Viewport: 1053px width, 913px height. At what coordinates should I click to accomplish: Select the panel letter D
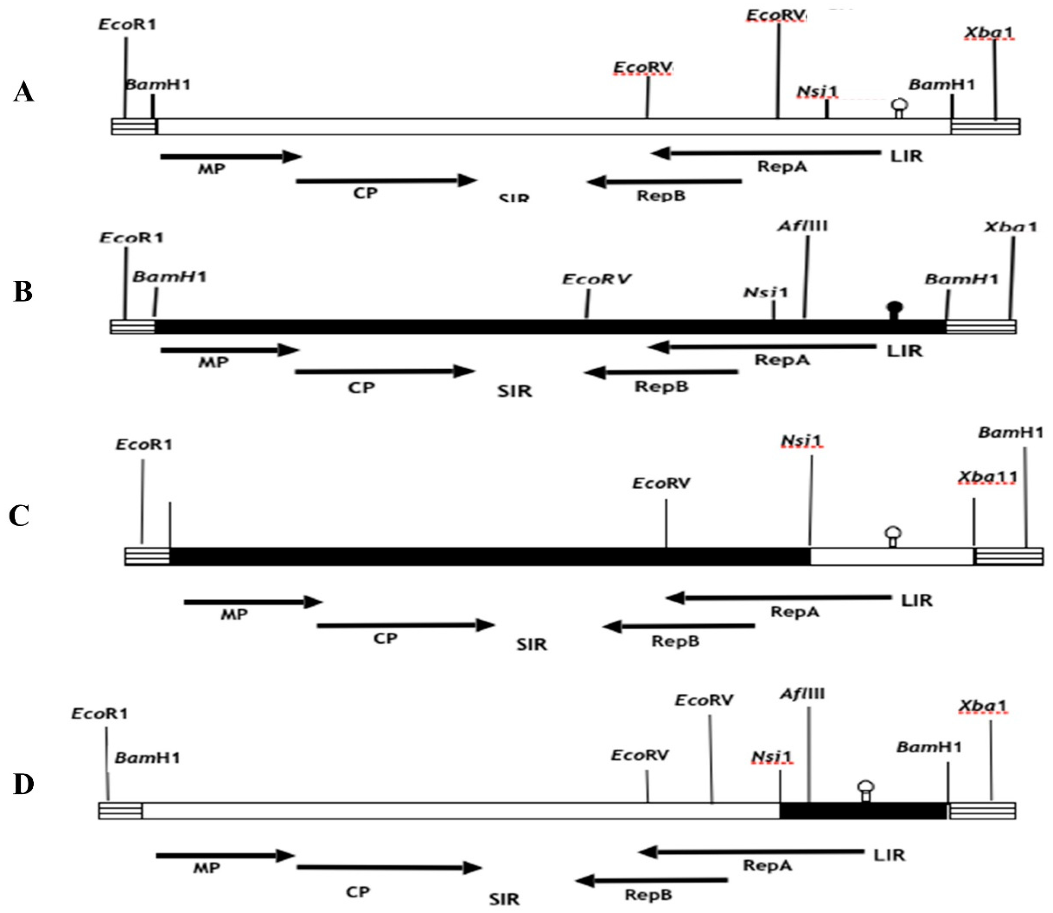tap(23, 785)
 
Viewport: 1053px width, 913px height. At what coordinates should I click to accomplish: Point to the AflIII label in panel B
tap(802, 226)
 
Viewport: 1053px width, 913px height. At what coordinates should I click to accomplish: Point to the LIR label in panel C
tap(916, 600)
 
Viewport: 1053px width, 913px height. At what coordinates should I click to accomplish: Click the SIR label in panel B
tap(514, 391)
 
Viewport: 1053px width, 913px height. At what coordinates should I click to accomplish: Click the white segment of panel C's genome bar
tap(891, 556)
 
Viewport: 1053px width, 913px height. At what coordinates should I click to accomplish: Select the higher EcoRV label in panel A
tap(776, 16)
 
